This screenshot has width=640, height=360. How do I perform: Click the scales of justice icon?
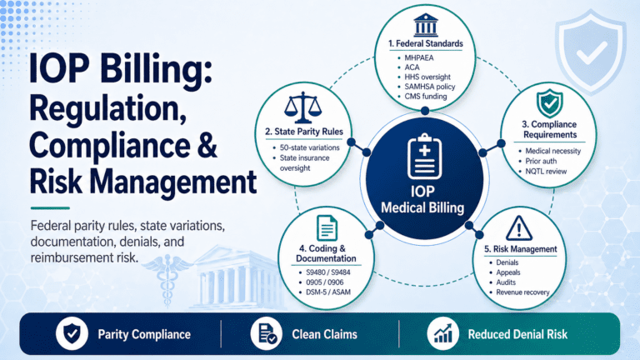[x=302, y=107]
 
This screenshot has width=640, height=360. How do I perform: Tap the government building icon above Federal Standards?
[x=425, y=25]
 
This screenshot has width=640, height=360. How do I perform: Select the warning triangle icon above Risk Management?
[x=519, y=228]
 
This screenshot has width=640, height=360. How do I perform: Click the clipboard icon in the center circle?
[x=424, y=157]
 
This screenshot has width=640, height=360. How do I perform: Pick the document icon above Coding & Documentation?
[x=327, y=227]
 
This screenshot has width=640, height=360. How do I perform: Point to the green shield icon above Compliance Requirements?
[x=549, y=103]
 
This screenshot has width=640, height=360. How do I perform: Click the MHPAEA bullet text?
[x=419, y=58]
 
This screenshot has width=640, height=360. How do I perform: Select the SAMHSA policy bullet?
[x=429, y=87]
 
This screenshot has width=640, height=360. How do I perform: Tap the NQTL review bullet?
[x=546, y=172]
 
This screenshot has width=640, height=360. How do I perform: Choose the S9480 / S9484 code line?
[x=328, y=272]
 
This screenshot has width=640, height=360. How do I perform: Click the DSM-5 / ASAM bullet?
[x=328, y=292]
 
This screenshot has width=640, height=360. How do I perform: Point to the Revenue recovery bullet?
[x=522, y=292]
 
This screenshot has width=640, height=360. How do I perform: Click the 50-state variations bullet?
[x=309, y=147]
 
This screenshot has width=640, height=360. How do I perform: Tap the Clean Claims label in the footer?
[x=324, y=334]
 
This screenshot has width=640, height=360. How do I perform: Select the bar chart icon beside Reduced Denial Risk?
[x=442, y=333]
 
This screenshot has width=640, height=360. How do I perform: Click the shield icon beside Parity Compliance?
[x=72, y=333]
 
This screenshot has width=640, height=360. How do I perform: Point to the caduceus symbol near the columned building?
[x=167, y=280]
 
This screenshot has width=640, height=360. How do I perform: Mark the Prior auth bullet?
[x=541, y=161]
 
